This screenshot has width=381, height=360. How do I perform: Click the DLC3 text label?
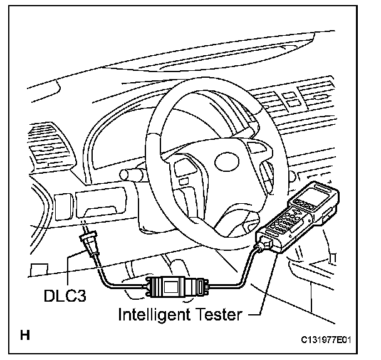coord(65,294)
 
